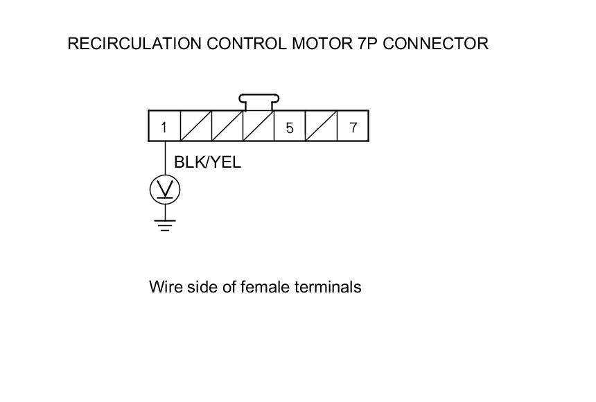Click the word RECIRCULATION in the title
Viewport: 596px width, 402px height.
(134, 44)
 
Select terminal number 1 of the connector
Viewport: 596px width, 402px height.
(164, 127)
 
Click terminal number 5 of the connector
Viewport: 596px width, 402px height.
(290, 127)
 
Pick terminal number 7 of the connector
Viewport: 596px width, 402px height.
(353, 127)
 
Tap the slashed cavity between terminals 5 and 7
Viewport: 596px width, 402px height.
(322, 127)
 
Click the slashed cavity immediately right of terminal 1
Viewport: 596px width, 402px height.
(196, 127)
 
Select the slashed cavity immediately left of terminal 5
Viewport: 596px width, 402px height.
(258, 127)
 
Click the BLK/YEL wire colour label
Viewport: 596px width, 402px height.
(207, 163)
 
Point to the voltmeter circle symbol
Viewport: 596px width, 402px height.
(165, 189)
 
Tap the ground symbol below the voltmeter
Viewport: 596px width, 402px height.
(165, 225)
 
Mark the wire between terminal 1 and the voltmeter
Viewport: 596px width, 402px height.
(165, 158)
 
